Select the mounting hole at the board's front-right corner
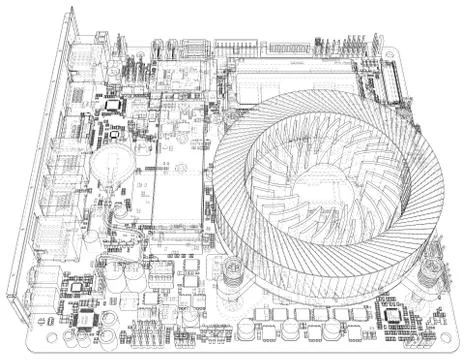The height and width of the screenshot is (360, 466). (x=446, y=321)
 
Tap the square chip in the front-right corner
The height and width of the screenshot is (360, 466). (x=393, y=314)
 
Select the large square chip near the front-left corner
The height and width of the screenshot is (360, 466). (x=88, y=320)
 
